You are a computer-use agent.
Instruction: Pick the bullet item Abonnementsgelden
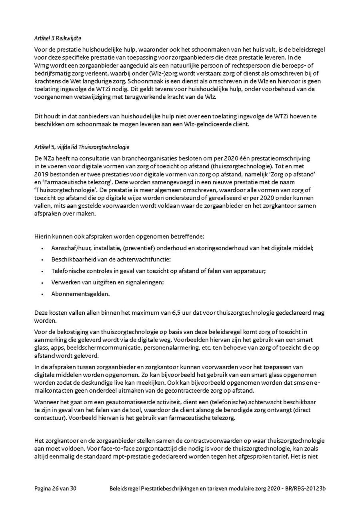click(x=75, y=294)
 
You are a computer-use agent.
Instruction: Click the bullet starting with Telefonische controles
click(x=158, y=271)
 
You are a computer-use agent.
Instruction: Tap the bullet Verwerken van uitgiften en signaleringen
click(x=108, y=282)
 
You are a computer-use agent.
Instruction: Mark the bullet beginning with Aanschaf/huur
click(x=182, y=248)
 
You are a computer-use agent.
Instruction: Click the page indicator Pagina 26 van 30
click(x=55, y=489)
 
